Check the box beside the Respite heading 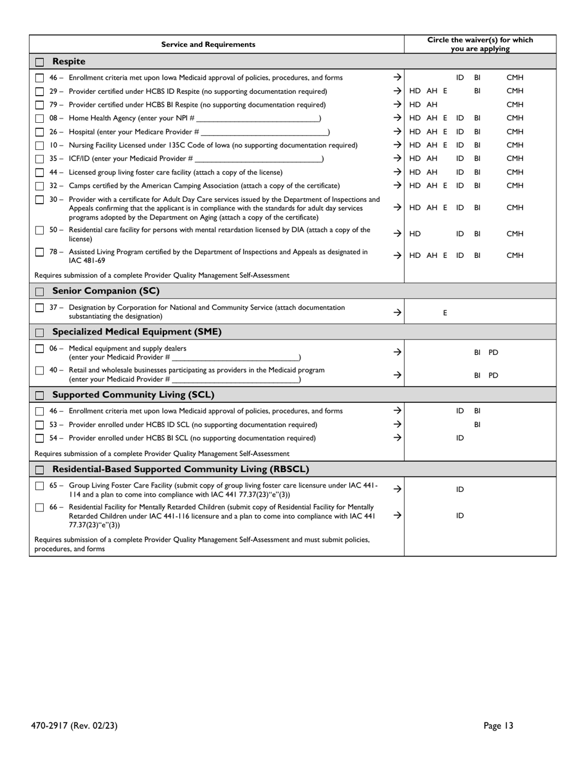click(39, 62)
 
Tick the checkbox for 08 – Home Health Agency click(39, 118)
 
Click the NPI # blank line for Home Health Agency click(257, 118)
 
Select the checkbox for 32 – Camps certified click(39, 186)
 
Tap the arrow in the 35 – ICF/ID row click(397, 159)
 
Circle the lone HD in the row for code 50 click(415, 234)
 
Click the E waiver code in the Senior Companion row click(445, 313)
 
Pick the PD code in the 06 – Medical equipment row click(493, 352)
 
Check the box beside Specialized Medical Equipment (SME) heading click(39, 333)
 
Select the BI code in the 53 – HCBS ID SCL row click(477, 425)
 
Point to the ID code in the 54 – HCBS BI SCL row click(460, 438)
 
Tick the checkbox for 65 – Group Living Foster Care click(39, 486)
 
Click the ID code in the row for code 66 click(460, 516)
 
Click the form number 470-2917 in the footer click(56, 726)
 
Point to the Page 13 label click(498, 726)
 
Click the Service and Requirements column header click(208, 44)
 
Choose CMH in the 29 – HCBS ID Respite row click(514, 91)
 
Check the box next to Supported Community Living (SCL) click(39, 396)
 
